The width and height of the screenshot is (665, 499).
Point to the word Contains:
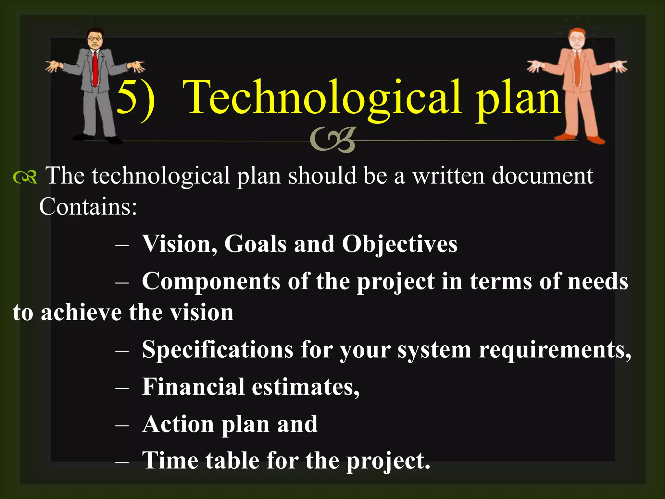pyautogui.click(x=88, y=207)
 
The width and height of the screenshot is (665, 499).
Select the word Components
pyautogui.click(x=211, y=281)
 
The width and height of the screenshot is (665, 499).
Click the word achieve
pyautogui.click(x=81, y=313)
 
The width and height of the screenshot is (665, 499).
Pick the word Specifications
pyautogui.click(x=218, y=350)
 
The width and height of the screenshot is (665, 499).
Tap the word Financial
pyautogui.click(x=193, y=387)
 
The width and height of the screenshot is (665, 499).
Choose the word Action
pyautogui.click(x=178, y=424)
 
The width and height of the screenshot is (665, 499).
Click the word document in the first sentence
pyautogui.click(x=542, y=176)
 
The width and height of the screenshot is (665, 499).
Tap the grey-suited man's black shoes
pyautogui.click(x=97, y=139)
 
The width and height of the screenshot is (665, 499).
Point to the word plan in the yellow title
pyautogui.click(x=518, y=99)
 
